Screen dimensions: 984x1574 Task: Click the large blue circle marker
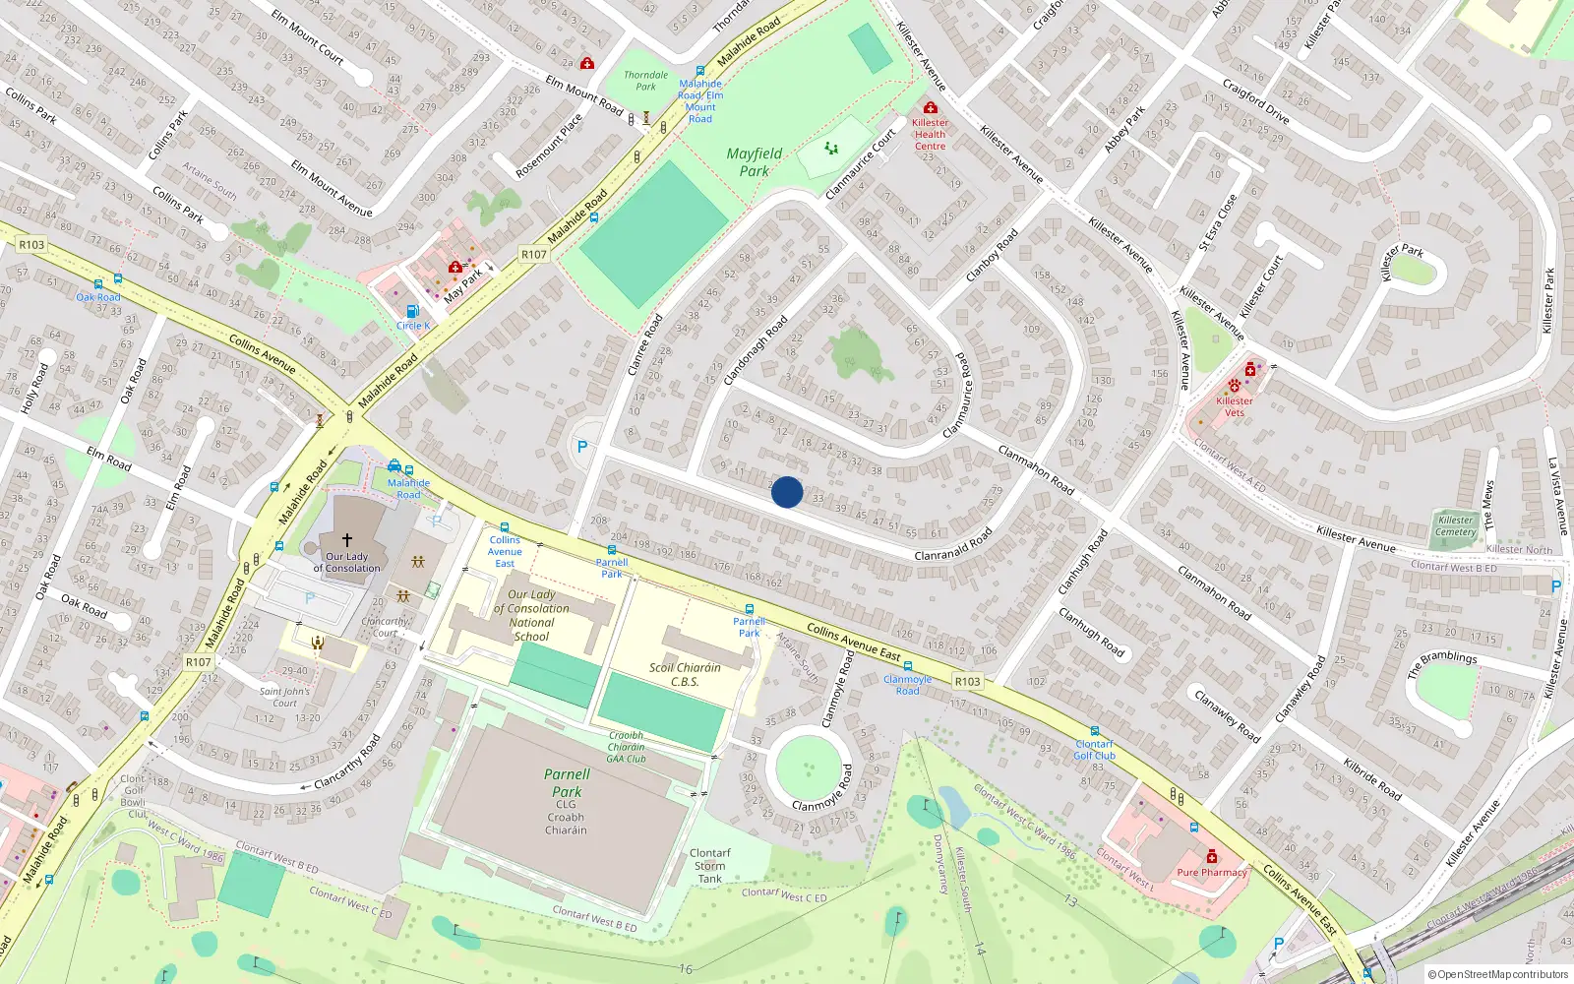(786, 492)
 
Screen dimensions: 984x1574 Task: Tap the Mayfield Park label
(755, 162)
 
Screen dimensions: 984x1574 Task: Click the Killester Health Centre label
(930, 135)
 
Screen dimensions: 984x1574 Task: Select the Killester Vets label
(1235, 406)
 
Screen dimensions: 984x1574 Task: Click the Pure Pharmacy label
(1211, 872)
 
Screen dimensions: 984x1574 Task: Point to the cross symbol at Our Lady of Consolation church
(346, 540)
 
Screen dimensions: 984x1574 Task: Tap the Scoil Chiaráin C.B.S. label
(685, 674)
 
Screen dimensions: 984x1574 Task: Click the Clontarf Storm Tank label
(709, 866)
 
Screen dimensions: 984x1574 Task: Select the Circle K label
(413, 326)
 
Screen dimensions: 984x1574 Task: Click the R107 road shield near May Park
(533, 254)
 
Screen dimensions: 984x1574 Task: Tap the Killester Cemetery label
(1455, 526)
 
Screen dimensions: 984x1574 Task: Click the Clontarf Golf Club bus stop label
(1094, 750)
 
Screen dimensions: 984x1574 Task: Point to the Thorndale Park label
(645, 81)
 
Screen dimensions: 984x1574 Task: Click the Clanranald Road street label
(952, 544)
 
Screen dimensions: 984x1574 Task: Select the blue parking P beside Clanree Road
(582, 447)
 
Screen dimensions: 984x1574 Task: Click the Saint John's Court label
(284, 697)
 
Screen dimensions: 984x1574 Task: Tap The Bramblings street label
(1441, 663)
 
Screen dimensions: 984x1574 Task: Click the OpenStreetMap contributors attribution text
(1498, 974)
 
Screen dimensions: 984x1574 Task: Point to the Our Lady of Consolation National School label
(531, 615)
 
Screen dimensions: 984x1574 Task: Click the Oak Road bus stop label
(98, 297)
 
